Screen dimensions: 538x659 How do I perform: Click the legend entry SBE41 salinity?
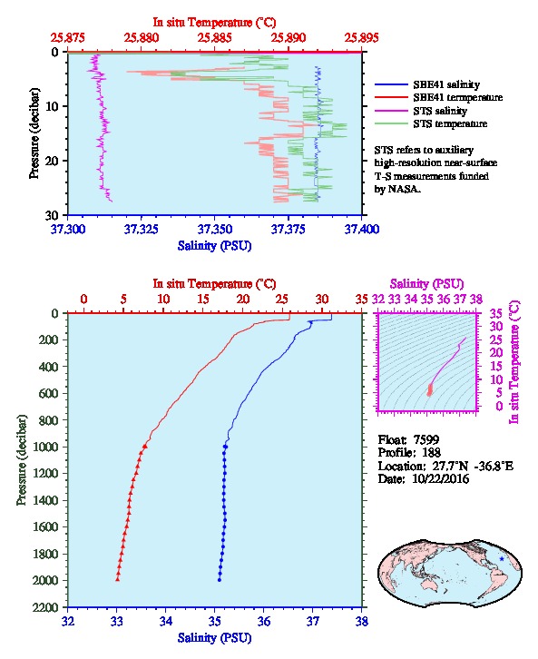click(446, 84)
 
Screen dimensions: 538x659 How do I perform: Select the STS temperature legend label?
click(450, 123)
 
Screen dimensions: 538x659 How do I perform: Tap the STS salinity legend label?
click(440, 111)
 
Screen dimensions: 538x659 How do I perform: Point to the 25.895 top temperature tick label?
click(361, 38)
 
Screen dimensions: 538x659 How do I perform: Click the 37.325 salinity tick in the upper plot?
click(142, 230)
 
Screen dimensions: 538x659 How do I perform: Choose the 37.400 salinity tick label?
click(362, 230)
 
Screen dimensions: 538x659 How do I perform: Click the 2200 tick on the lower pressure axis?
click(46, 607)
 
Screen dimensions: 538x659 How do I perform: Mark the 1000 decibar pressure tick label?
click(46, 447)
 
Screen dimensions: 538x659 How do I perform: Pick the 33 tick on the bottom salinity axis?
click(117, 621)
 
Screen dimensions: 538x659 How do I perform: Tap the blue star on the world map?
click(502, 558)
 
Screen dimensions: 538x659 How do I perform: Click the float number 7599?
click(426, 439)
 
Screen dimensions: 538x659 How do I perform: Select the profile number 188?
click(430, 452)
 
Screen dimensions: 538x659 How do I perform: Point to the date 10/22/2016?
click(441, 478)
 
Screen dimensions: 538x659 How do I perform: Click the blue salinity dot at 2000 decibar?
click(220, 580)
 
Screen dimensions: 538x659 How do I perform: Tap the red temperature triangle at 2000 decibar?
click(118, 579)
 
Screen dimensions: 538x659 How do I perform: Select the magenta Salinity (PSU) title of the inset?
click(426, 284)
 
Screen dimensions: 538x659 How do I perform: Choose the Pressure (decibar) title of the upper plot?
click(34, 133)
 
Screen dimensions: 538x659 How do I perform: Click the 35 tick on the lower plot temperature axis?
click(361, 300)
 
